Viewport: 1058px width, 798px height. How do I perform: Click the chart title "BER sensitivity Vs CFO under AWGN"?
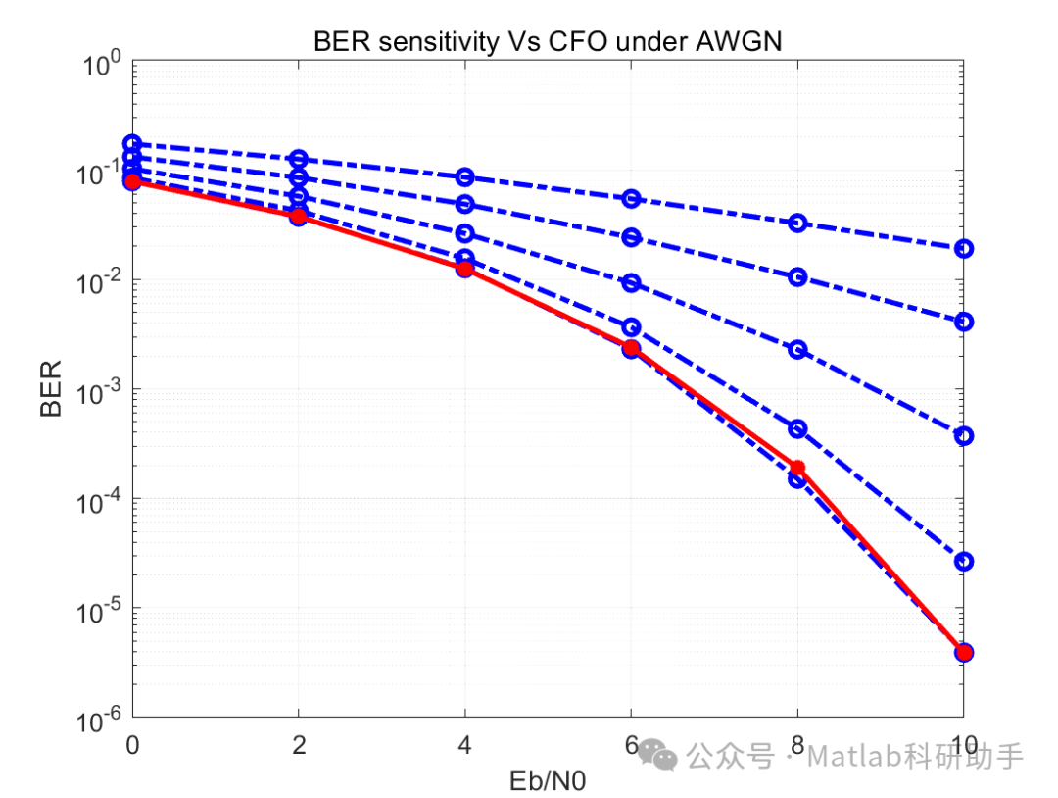pyautogui.click(x=547, y=42)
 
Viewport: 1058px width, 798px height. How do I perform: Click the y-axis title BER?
pyautogui.click(x=51, y=389)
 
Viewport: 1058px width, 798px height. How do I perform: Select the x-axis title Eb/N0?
pyautogui.click(x=548, y=781)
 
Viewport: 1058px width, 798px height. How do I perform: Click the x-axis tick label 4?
pyautogui.click(x=464, y=747)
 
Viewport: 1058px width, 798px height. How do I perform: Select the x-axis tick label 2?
pyautogui.click(x=299, y=747)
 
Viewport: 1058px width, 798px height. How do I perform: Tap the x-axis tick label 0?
pyautogui.click(x=132, y=747)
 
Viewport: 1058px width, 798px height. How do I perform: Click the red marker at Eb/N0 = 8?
pyautogui.click(x=797, y=468)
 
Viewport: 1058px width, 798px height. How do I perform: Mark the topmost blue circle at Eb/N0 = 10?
pyautogui.click(x=964, y=248)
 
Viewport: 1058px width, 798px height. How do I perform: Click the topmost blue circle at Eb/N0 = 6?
pyautogui.click(x=631, y=198)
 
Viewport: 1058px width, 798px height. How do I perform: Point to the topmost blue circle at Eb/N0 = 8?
pyautogui.click(x=797, y=223)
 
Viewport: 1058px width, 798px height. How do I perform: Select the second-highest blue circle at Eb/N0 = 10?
pyautogui.click(x=964, y=322)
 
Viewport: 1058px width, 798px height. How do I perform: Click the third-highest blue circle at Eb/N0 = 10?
pyautogui.click(x=964, y=435)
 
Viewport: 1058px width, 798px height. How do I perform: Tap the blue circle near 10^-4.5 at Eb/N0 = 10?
pyautogui.click(x=964, y=561)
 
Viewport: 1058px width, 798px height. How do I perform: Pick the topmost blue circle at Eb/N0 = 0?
pyautogui.click(x=132, y=144)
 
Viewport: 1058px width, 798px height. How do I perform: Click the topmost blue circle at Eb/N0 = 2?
pyautogui.click(x=299, y=159)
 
